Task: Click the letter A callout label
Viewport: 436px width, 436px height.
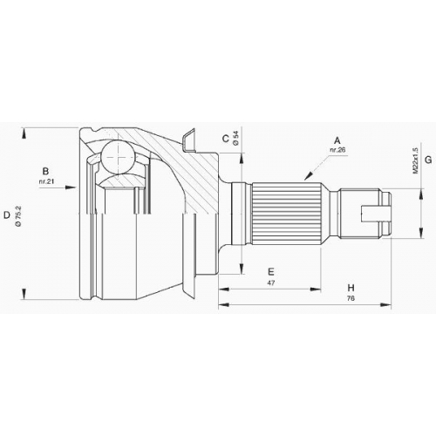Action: coord(337,140)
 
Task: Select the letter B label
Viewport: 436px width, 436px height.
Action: coord(45,172)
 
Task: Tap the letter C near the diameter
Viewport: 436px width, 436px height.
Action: coord(226,139)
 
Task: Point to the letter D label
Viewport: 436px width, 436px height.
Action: coord(7,215)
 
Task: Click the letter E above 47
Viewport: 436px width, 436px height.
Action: coord(270,272)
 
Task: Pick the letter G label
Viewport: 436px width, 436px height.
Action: coord(428,160)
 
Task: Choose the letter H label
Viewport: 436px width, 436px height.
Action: coord(351,288)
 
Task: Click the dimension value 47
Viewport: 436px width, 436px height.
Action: coord(271,283)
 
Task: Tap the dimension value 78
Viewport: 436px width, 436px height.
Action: coord(351,298)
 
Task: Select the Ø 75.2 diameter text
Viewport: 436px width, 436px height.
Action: coord(18,216)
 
